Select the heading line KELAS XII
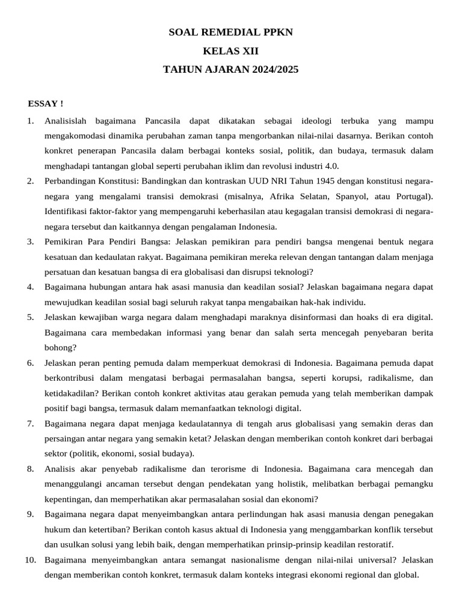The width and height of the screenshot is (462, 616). [x=230, y=51]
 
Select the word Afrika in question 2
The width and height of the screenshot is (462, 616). [x=286, y=196]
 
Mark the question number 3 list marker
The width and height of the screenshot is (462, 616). [x=30, y=242]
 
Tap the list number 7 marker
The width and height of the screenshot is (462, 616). [x=30, y=423]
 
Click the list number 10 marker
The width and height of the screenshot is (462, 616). [x=30, y=559]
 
